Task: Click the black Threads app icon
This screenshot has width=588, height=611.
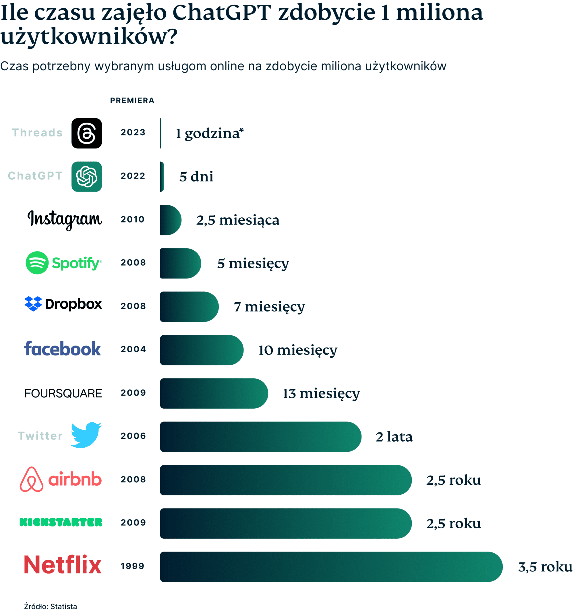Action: coord(87,134)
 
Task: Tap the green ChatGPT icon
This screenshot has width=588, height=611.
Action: coord(87,177)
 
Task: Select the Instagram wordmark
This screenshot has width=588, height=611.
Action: coord(65,219)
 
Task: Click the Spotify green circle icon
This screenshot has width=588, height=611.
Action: coord(37,263)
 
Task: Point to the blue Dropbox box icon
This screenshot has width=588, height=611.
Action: coord(33,304)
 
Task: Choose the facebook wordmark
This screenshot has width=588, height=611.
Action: coord(63,349)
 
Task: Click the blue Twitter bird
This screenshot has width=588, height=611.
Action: coord(86,436)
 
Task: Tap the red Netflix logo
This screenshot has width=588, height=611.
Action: coord(63,565)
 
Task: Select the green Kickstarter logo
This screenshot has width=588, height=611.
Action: coord(61,523)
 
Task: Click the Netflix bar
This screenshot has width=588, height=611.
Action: coord(330,567)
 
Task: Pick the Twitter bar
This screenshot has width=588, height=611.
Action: coord(260,437)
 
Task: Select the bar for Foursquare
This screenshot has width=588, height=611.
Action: coord(214,393)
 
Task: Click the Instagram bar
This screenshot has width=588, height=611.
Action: coord(170,220)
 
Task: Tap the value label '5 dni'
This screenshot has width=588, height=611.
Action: coord(196,177)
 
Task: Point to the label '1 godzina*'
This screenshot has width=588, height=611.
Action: coord(209,134)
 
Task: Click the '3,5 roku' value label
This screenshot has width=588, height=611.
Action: coord(545,567)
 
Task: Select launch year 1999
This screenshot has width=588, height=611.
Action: coord(133,566)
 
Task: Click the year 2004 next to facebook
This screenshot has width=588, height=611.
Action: coord(133,349)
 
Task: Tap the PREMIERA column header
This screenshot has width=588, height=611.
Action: coord(132,100)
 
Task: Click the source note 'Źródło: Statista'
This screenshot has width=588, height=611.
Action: coord(51,606)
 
